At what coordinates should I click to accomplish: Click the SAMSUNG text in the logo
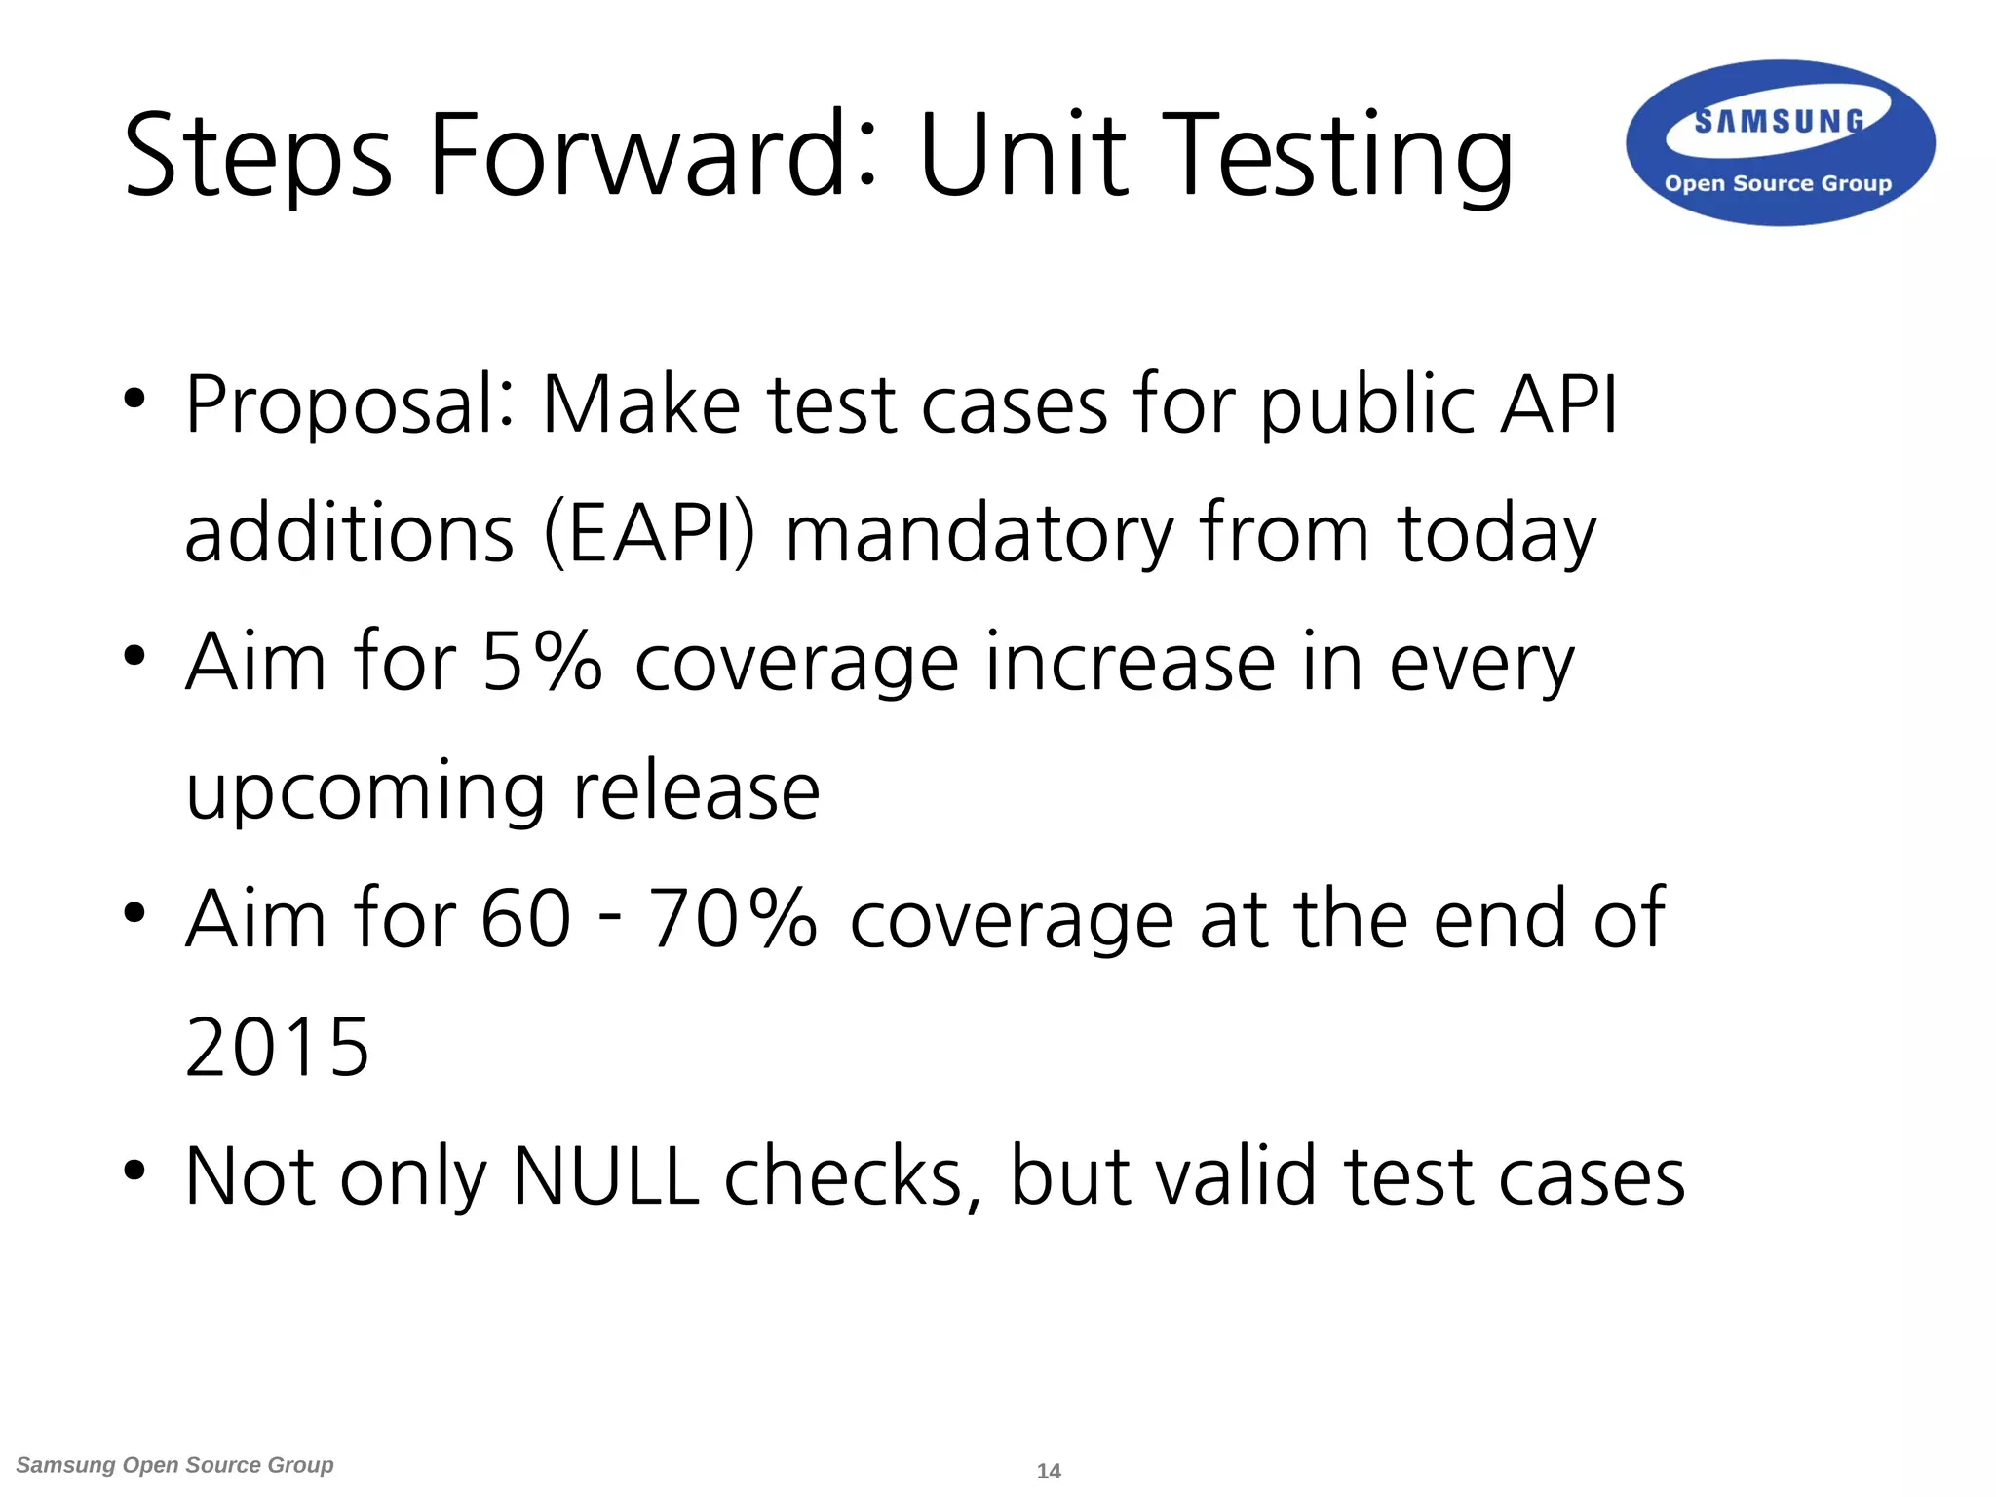(1779, 122)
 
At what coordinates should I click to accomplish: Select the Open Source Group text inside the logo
(1778, 183)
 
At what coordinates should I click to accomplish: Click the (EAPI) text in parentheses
(649, 533)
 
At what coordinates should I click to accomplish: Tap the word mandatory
(979, 533)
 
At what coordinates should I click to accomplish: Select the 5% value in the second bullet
(542, 662)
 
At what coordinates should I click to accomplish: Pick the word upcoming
(365, 792)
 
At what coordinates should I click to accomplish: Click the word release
(696, 790)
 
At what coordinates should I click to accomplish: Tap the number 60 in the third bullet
(525, 919)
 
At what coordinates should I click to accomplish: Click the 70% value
(732, 919)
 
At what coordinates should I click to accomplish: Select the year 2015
(278, 1048)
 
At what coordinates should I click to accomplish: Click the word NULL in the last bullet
(605, 1176)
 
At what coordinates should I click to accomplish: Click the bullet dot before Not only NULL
(134, 1170)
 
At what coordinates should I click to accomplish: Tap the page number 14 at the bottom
(1049, 1471)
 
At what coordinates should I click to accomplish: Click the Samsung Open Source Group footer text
(175, 1465)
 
